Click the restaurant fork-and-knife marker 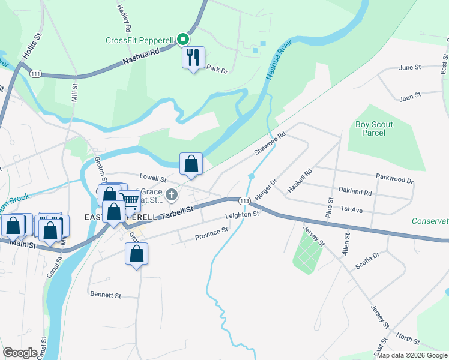click(193, 58)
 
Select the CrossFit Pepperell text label click(140, 41)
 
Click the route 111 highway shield click(35, 73)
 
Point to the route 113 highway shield click(244, 200)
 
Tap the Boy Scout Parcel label click(374, 128)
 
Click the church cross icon click(172, 194)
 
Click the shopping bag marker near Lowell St click(191, 164)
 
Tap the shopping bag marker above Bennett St click(137, 254)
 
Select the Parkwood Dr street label click(395, 179)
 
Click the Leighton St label click(242, 214)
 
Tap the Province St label click(212, 233)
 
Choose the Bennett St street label click(106, 295)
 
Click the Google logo click(20, 353)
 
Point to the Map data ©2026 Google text click(411, 355)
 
